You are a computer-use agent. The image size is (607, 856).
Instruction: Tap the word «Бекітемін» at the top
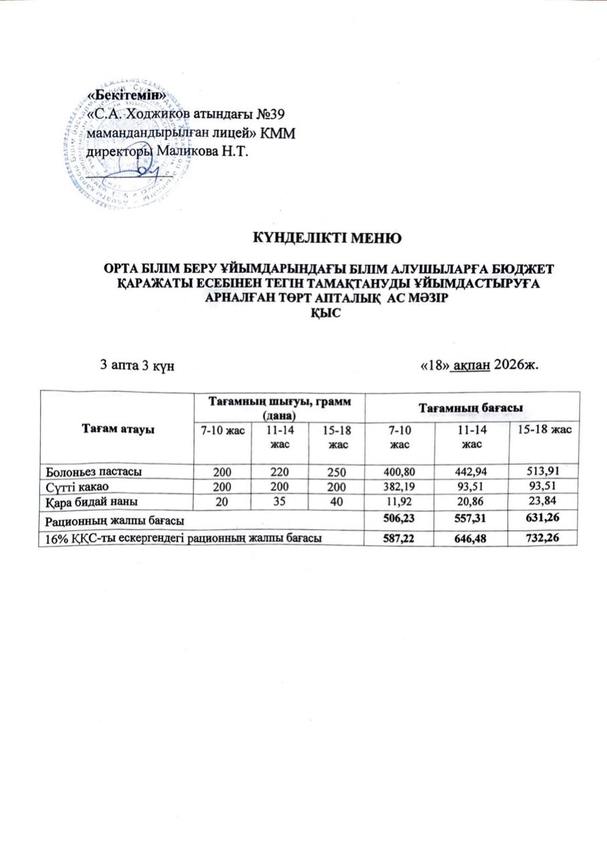click(127, 98)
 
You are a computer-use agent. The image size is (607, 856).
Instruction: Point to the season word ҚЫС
click(325, 320)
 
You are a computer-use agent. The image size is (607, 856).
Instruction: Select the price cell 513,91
click(543, 471)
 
